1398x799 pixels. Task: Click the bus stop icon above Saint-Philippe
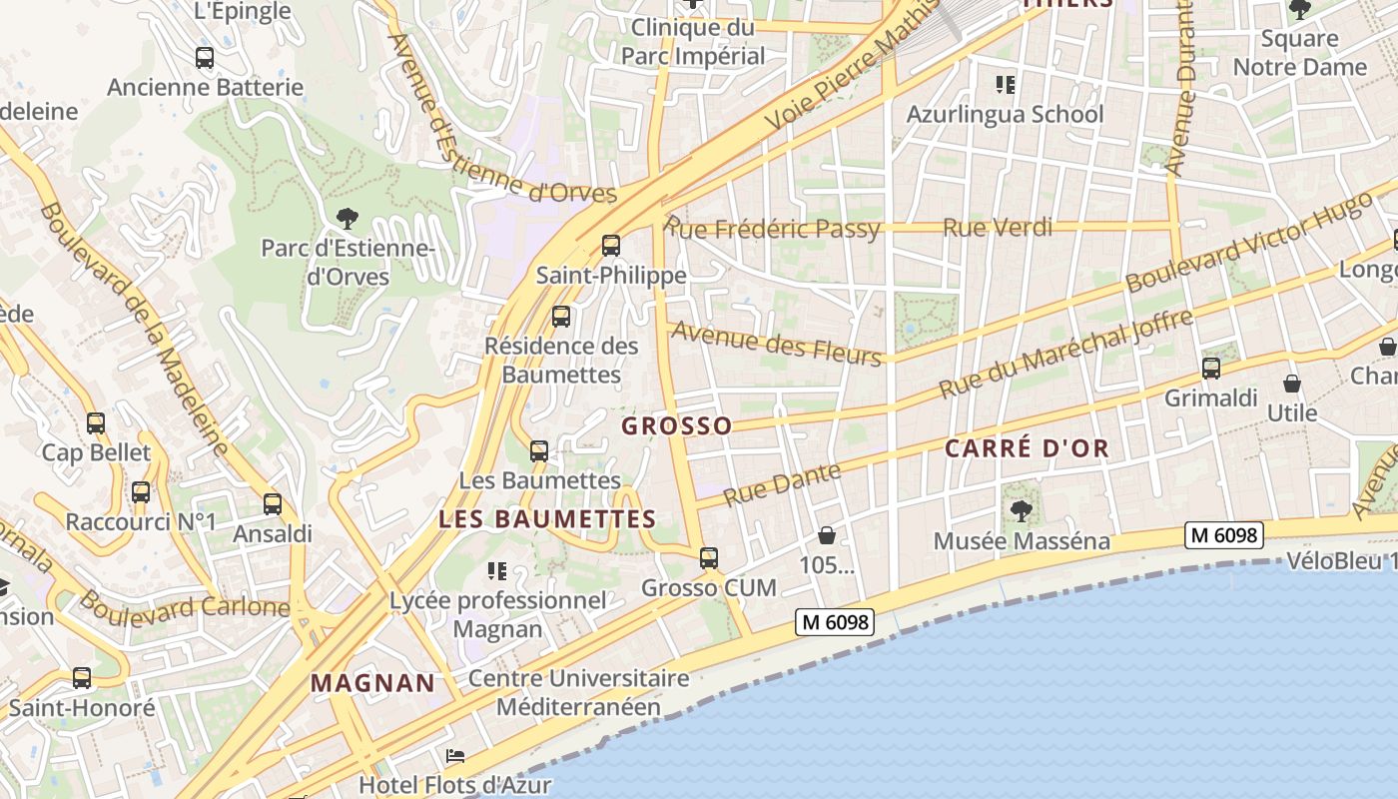click(611, 245)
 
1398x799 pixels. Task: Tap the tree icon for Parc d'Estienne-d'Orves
click(348, 217)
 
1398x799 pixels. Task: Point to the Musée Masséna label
click(1022, 541)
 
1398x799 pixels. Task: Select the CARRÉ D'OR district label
click(1028, 448)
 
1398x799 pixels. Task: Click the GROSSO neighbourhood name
click(677, 425)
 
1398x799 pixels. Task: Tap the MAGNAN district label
click(373, 683)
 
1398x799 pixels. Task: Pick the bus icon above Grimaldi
click(1211, 369)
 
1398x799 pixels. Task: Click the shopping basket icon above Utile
click(1292, 384)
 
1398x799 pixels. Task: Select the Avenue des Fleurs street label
click(777, 343)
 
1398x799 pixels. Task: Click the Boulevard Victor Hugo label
click(1249, 243)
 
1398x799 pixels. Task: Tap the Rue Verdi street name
click(998, 228)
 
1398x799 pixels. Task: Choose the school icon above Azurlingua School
click(1006, 85)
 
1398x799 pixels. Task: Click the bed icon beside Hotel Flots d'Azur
click(455, 755)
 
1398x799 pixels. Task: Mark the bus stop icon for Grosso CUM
click(709, 557)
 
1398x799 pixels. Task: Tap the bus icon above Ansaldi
click(273, 504)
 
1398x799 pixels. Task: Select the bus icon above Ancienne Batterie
click(205, 58)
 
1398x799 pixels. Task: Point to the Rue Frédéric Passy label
click(773, 229)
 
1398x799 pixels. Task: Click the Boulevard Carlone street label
click(185, 605)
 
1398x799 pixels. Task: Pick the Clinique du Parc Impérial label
click(693, 41)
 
